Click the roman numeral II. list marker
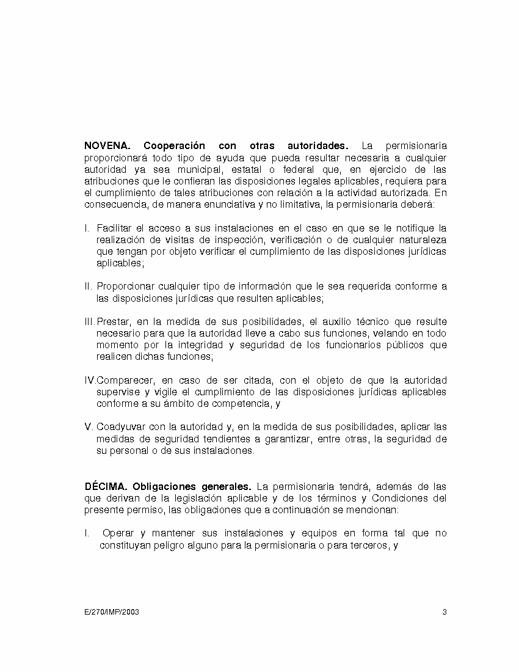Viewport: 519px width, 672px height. point(89,287)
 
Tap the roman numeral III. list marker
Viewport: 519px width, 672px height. point(90,322)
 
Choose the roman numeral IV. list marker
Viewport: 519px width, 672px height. point(90,381)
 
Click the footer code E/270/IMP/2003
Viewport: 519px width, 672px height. point(112,612)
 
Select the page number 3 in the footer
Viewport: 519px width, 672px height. point(445,612)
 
